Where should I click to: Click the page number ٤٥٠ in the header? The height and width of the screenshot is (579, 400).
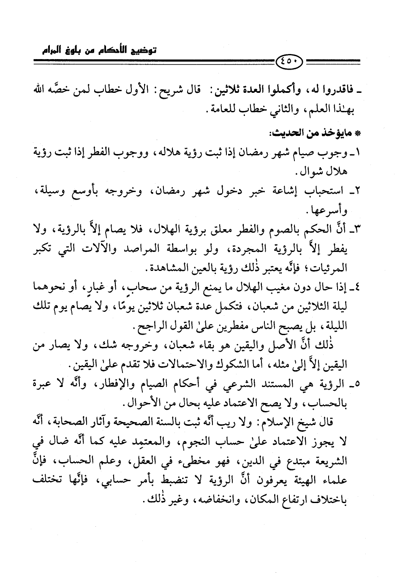(x=290, y=65)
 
